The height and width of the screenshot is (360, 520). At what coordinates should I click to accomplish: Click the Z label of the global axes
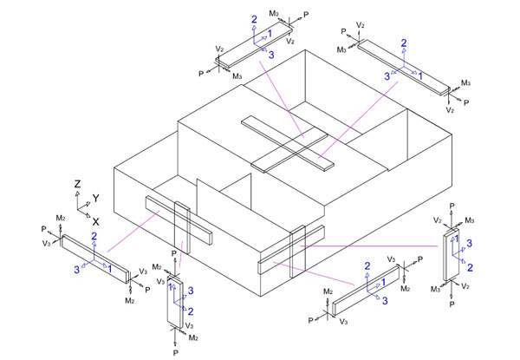pos(77,185)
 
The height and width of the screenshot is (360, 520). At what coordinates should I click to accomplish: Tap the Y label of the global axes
pos(96,199)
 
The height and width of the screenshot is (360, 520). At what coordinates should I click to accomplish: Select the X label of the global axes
pos(95,222)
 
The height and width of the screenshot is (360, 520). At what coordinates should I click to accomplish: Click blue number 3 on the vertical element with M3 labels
pos(471,243)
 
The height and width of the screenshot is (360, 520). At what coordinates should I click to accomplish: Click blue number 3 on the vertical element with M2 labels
pos(190,290)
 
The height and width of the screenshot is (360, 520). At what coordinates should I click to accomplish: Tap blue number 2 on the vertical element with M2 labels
pos(190,311)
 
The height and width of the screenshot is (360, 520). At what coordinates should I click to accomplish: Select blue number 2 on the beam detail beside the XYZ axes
pos(94,236)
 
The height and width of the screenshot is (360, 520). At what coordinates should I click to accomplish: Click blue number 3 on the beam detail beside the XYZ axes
pos(76,270)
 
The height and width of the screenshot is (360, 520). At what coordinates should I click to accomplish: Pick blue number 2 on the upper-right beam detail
pos(403,43)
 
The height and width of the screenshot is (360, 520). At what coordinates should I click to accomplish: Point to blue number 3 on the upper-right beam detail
pos(388,76)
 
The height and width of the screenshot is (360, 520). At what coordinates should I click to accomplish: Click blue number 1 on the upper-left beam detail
pos(270,33)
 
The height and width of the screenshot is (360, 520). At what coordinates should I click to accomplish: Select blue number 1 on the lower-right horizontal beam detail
pos(383,280)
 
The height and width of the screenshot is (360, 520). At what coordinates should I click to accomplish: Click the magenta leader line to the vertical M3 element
pos(373,245)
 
